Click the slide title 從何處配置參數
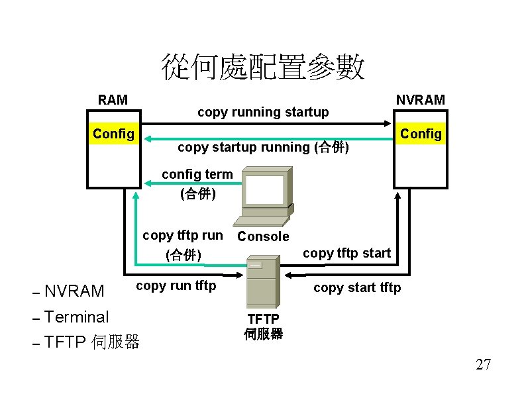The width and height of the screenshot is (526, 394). pyautogui.click(x=263, y=68)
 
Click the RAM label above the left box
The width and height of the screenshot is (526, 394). pyautogui.click(x=113, y=100)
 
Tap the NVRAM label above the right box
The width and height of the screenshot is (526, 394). pyautogui.click(x=421, y=100)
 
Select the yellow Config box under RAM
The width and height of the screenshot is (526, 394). pyautogui.click(x=113, y=134)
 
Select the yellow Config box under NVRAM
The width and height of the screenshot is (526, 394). pyautogui.click(x=421, y=134)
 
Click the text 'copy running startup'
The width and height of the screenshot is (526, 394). pyautogui.click(x=263, y=112)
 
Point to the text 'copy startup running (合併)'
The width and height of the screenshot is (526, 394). pyautogui.click(x=263, y=147)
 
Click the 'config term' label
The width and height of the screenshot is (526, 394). pyautogui.click(x=197, y=174)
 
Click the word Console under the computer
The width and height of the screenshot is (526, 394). pyautogui.click(x=263, y=236)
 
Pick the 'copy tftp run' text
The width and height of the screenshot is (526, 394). pyautogui.click(x=183, y=235)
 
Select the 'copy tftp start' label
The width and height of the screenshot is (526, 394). pyautogui.click(x=346, y=253)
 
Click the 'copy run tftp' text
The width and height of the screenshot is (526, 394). pyautogui.click(x=176, y=285)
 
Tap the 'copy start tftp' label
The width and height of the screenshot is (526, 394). pyautogui.click(x=356, y=287)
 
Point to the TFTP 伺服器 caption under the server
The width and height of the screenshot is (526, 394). pyautogui.click(x=263, y=326)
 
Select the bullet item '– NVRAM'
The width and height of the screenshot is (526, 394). pyautogui.click(x=68, y=291)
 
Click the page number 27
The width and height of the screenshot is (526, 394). pyautogui.click(x=483, y=364)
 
